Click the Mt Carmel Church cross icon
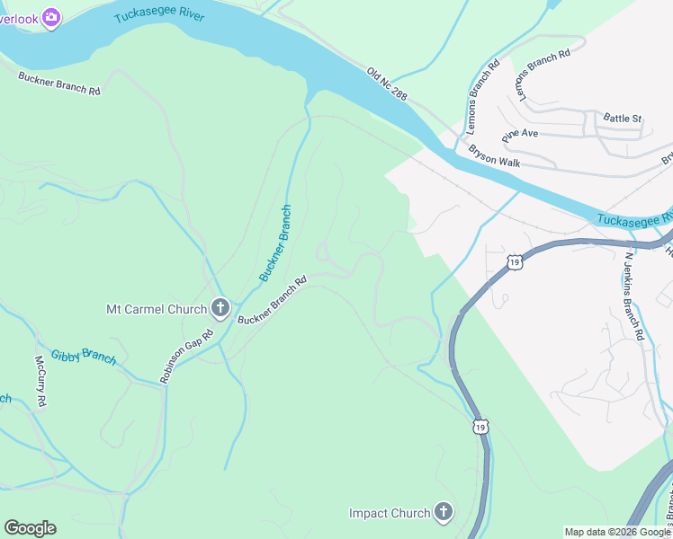pos(220,310)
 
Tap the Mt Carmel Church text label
pos(157,310)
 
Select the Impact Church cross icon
pos(443,513)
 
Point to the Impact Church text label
pos(390,514)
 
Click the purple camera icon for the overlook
pos(51,17)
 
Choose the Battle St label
pos(622,119)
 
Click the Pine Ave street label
pos(520,135)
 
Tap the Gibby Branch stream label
pos(83,356)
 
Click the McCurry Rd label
pos(40,381)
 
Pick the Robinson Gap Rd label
pos(187,357)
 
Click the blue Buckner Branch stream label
pos(275,243)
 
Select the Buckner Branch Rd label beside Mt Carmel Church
pos(272,300)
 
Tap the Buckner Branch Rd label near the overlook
pos(58,84)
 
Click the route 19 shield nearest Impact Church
pos(481,428)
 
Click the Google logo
pos(30,528)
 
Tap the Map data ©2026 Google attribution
pos(616,532)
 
